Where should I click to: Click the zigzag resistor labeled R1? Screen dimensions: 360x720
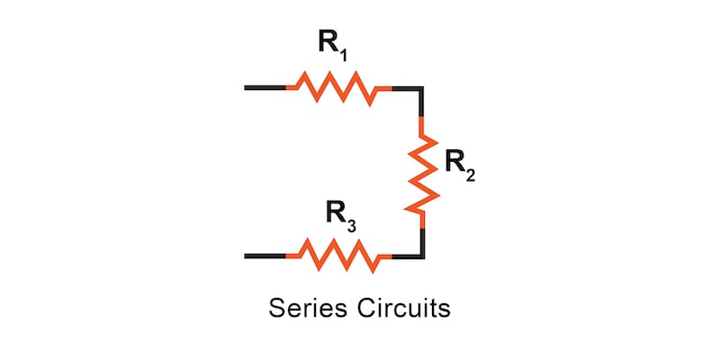click(x=339, y=88)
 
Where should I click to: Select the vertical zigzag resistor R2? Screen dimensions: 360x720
click(x=422, y=172)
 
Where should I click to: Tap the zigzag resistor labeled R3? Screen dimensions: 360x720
click(x=339, y=256)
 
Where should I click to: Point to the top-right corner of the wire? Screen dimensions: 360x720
click(x=422, y=88)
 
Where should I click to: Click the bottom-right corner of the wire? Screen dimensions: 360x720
click(x=422, y=256)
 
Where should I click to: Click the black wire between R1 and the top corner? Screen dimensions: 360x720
click(x=406, y=88)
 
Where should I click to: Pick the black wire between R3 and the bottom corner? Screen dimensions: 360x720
click(x=406, y=256)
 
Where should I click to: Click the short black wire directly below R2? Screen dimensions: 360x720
click(x=422, y=238)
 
